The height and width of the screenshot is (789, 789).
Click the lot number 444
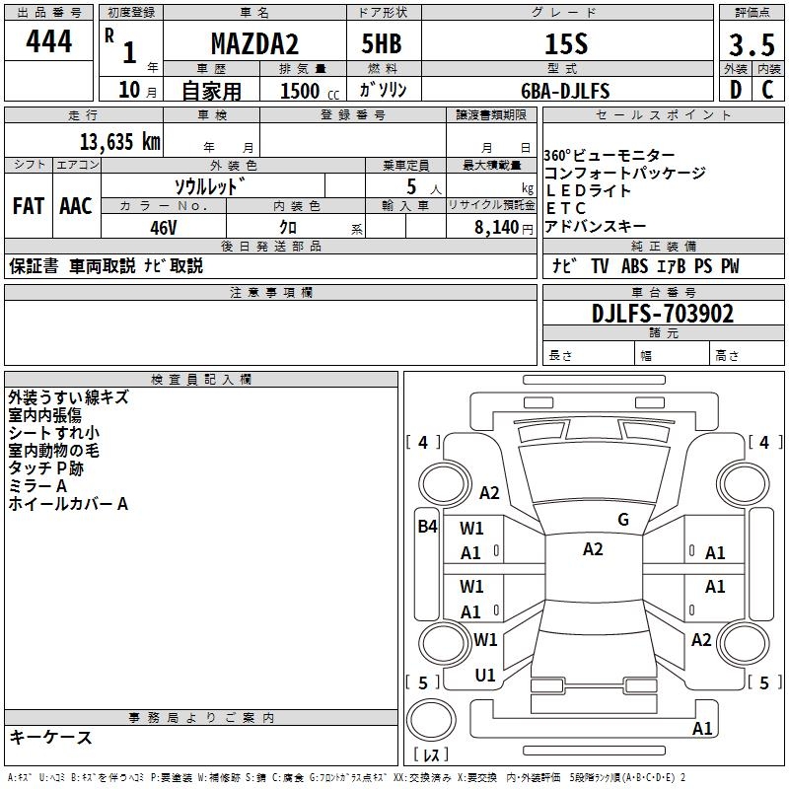click(x=49, y=43)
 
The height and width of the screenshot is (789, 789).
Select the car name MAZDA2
click(x=253, y=43)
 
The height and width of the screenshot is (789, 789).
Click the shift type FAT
click(x=29, y=206)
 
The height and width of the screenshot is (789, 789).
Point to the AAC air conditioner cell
click(x=76, y=206)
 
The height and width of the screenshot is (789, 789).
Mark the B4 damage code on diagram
click(x=426, y=527)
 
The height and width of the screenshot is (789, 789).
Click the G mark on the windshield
click(x=622, y=520)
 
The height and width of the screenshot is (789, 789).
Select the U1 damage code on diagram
click(x=485, y=676)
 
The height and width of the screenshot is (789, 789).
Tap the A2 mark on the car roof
click(x=592, y=549)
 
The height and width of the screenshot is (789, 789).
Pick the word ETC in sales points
click(x=566, y=208)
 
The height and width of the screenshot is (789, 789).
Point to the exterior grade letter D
click(x=735, y=91)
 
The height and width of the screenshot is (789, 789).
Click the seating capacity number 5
click(x=409, y=185)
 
